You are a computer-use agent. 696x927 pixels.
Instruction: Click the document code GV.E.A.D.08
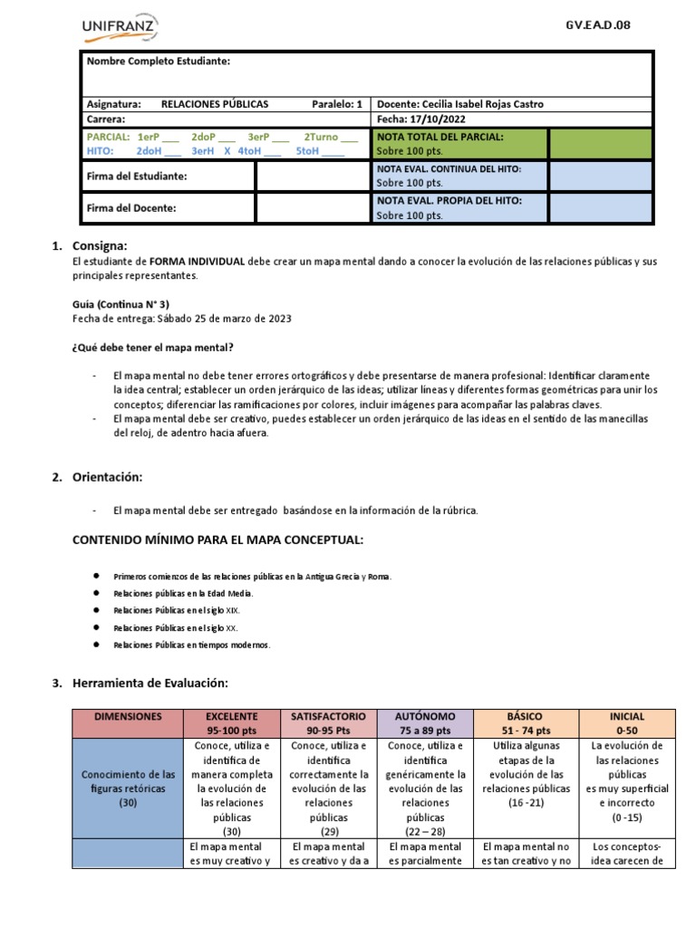coord(597,24)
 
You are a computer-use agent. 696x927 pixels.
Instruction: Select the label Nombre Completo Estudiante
coord(158,61)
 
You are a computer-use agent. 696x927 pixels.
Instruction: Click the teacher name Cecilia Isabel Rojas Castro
coord(479,104)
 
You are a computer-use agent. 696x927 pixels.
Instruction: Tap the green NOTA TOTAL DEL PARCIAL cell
coord(459,143)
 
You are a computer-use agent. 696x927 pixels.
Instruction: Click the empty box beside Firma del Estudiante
coord(312,176)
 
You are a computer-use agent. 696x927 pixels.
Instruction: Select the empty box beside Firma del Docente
coord(312,208)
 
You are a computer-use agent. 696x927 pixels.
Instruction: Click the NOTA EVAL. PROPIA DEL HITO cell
coord(459,207)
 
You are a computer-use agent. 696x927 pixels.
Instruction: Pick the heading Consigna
coord(100,245)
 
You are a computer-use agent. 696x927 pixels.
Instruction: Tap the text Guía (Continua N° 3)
coord(121,304)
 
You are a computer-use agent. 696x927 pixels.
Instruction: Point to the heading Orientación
coord(108,476)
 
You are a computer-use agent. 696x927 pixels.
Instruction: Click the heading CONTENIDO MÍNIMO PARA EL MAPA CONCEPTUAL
coord(217,540)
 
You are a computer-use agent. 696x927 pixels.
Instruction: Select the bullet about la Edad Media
coord(183,593)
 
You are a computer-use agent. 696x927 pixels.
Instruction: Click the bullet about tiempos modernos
coord(191,645)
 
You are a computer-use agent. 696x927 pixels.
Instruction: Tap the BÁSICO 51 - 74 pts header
coord(526,722)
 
